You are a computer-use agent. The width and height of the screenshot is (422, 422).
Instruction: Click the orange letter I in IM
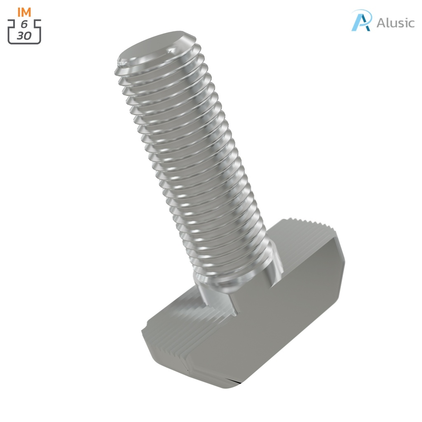(19, 12)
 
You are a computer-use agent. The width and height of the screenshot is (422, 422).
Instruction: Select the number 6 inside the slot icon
(24, 25)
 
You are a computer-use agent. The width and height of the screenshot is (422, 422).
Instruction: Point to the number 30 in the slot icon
(24, 35)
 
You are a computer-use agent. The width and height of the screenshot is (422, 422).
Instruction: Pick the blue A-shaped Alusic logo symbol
(361, 21)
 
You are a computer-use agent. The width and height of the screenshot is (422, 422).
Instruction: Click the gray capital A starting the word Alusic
(381, 23)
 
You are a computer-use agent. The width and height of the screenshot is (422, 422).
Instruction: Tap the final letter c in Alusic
(410, 24)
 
